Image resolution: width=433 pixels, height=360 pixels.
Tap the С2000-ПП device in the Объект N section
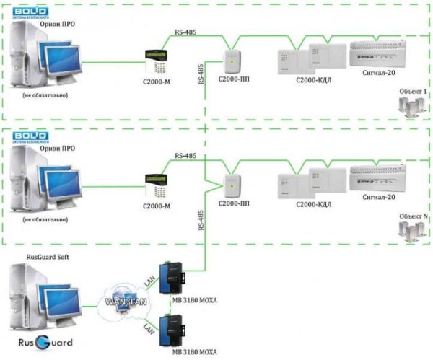[x=232, y=185]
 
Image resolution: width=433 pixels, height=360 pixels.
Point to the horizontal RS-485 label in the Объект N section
[x=185, y=157]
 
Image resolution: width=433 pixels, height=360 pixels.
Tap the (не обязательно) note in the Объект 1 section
[x=45, y=95]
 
